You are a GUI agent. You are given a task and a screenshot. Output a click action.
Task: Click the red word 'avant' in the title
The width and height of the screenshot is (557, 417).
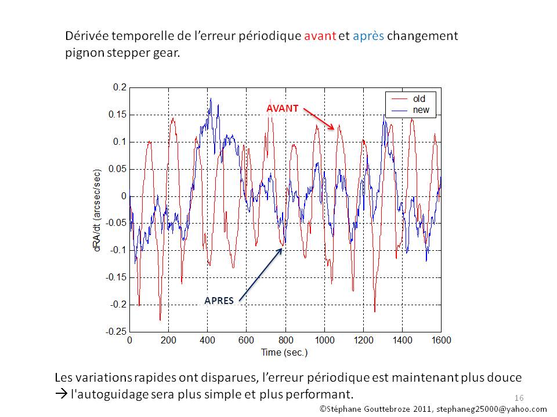[x=320, y=36]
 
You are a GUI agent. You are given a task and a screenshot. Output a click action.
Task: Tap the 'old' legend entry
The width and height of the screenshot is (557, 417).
[x=418, y=99]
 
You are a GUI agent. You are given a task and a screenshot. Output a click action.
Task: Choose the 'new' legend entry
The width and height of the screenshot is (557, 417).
[x=420, y=109]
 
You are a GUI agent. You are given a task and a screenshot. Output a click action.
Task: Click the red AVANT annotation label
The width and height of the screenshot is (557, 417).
[x=283, y=108]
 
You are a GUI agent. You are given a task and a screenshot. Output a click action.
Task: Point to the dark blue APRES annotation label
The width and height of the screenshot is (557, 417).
[x=219, y=301]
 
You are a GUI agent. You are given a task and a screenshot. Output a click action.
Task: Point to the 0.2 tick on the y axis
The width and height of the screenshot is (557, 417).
[x=120, y=87]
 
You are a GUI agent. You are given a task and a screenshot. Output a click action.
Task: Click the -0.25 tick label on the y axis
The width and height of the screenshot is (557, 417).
[x=117, y=331]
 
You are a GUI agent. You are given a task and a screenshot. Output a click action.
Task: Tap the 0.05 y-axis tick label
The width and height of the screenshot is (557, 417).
[x=118, y=169]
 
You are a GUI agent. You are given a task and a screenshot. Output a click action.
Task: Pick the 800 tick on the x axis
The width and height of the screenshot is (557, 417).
[x=285, y=341]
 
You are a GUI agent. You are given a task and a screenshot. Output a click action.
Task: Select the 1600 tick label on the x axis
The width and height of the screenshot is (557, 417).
[x=441, y=341]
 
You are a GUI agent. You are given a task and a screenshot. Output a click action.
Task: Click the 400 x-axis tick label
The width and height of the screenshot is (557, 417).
[x=207, y=341]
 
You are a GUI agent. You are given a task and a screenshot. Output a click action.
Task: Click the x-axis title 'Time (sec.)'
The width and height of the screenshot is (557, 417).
[x=284, y=352]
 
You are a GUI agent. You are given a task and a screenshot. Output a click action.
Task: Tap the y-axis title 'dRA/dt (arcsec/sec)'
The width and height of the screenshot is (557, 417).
[x=97, y=209]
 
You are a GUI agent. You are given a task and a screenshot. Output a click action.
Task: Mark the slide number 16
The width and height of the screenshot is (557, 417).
[x=519, y=398]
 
